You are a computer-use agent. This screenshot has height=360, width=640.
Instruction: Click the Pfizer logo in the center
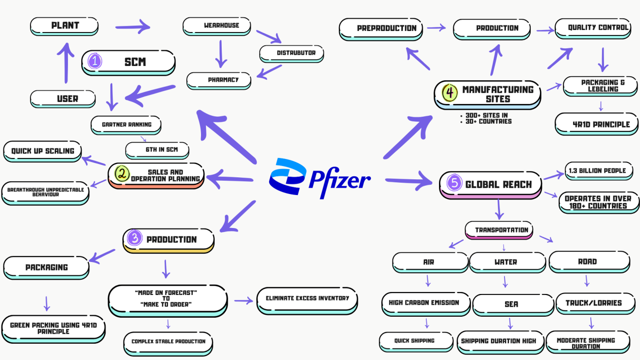320,178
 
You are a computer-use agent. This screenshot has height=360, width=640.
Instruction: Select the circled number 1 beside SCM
95,61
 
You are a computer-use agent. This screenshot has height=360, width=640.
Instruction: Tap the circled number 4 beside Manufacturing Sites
449,93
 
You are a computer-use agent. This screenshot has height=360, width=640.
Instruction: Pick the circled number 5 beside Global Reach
454,182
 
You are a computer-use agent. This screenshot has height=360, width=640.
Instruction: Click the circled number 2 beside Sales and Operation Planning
122,173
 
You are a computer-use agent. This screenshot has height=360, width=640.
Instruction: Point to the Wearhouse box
217,26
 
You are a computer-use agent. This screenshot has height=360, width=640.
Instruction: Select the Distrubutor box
292,54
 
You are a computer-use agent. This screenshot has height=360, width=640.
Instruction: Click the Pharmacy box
219,81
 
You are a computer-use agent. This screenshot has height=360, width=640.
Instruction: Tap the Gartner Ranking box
126,125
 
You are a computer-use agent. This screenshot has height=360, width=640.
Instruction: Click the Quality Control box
593,29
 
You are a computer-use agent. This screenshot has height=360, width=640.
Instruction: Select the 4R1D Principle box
597,124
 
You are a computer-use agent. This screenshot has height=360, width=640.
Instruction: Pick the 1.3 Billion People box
599,171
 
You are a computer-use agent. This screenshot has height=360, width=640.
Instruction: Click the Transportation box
499,230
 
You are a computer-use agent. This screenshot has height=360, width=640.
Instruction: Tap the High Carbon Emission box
426,304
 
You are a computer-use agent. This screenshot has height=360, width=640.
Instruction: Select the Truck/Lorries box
596,303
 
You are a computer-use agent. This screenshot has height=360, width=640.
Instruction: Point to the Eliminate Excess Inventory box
307,301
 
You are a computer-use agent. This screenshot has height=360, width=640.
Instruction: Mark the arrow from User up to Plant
67,63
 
